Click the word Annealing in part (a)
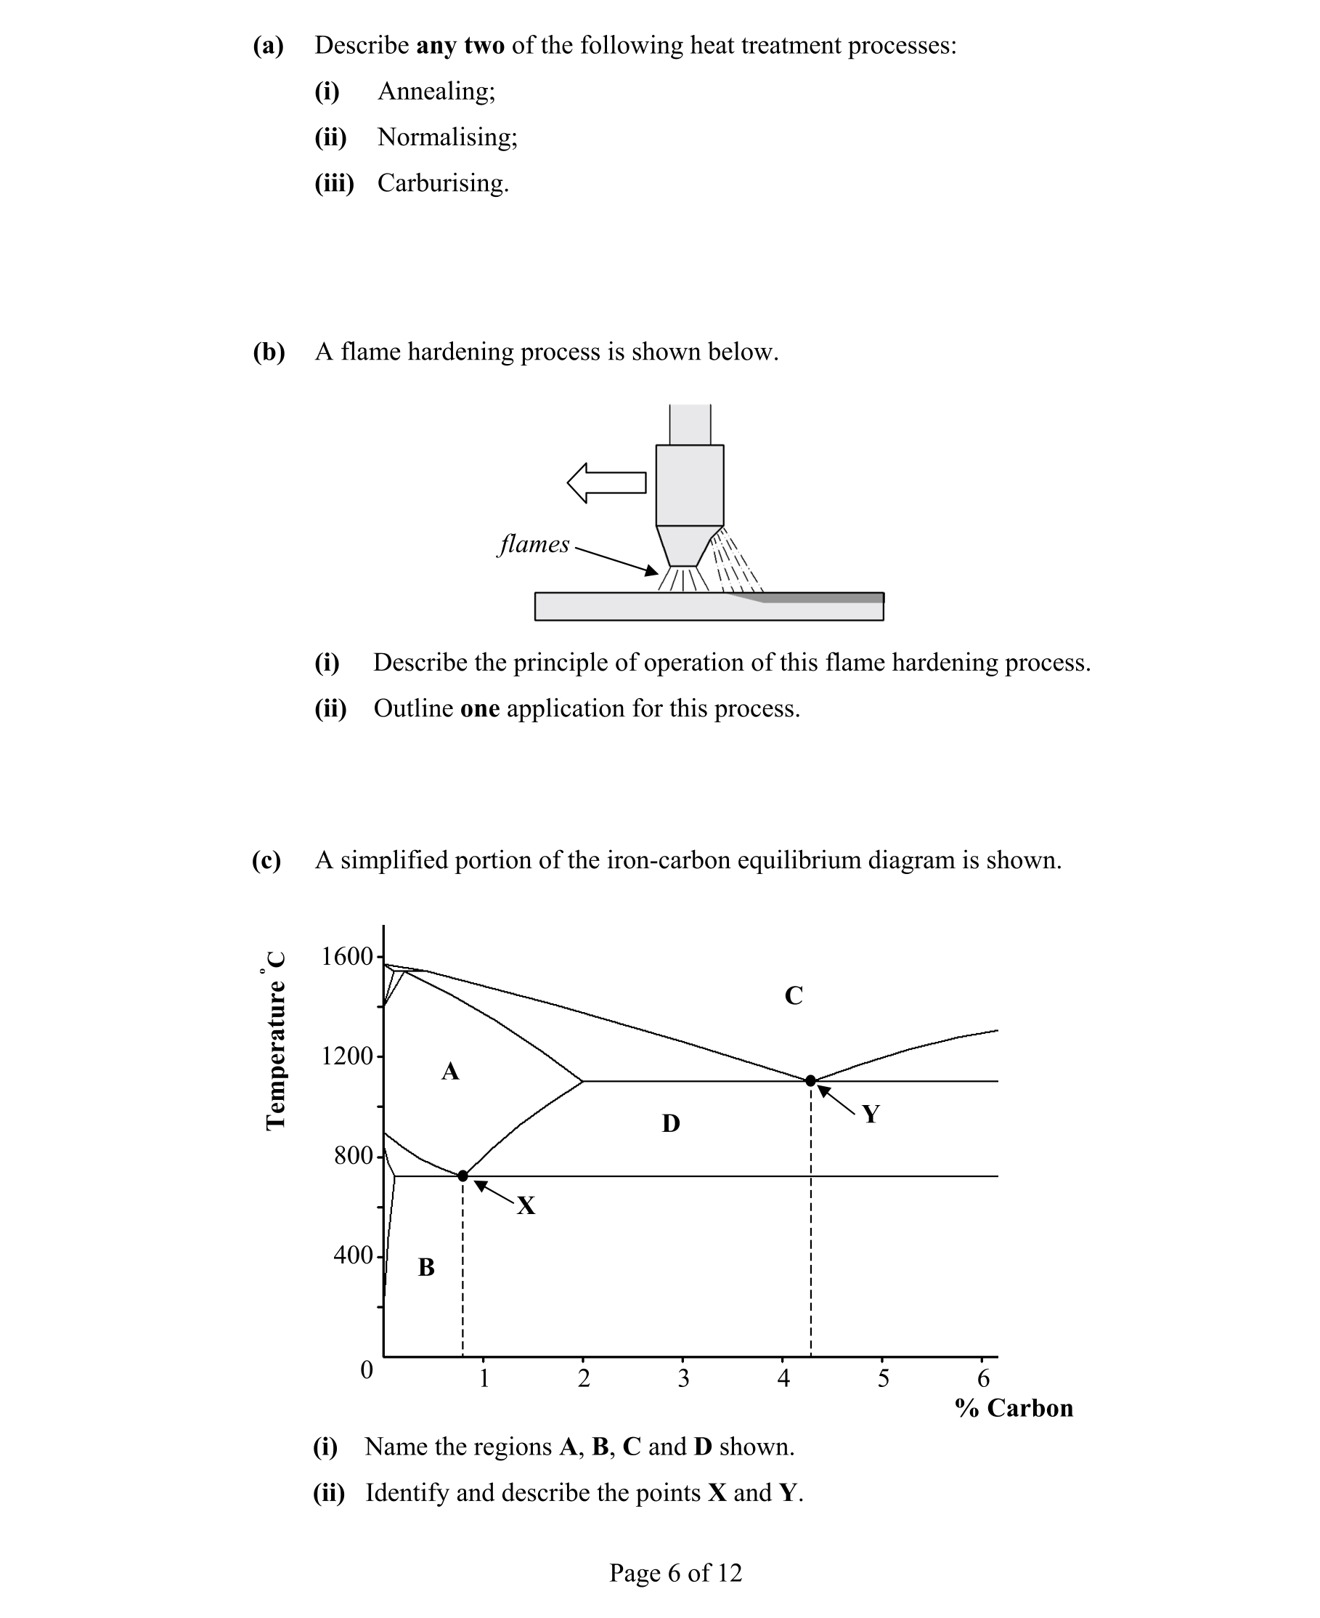436,92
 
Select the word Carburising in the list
441,183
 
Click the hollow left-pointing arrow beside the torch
607,483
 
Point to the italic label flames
534,545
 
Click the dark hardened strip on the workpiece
821,598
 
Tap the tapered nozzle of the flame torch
689,546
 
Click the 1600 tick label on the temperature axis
347,956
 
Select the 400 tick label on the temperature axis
353,1255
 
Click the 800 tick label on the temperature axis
353,1155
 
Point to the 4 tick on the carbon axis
783,1378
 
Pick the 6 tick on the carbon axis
983,1378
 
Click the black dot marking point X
463,1176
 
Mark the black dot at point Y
810,1081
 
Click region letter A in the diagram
450,1072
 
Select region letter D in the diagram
671,1123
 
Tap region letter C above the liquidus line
793,996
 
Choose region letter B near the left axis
426,1267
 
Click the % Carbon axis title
1014,1408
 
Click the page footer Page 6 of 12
675,1572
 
